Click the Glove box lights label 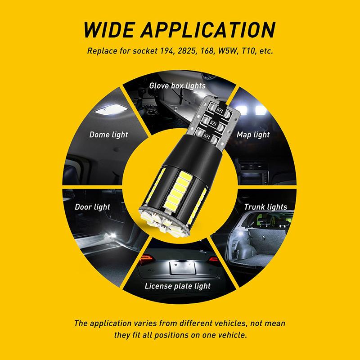pos(177,85)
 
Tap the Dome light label pos(108,135)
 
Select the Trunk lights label pos(265,207)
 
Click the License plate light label pos(177,286)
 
